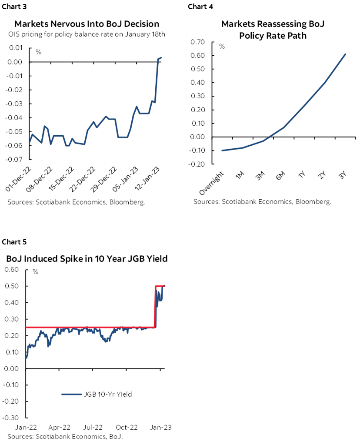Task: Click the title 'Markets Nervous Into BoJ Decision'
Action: point(87,23)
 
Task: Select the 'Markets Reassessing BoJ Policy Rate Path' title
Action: point(273,30)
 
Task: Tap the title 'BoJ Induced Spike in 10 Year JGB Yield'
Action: point(87,259)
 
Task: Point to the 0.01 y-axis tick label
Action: point(15,48)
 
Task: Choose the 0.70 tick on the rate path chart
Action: point(197,42)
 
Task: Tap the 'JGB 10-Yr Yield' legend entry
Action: point(97,395)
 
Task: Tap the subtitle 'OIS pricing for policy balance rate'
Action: point(87,35)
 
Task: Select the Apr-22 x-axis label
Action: point(59,428)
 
